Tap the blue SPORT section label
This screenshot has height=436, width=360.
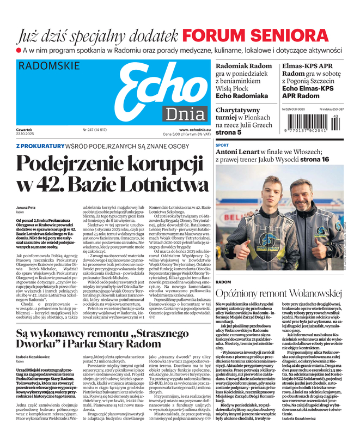pyautogui.click(x=222, y=146)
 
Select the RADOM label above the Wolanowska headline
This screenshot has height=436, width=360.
pyautogui.click(x=223, y=282)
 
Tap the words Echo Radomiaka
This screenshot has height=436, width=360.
pyautogui.click(x=242, y=96)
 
